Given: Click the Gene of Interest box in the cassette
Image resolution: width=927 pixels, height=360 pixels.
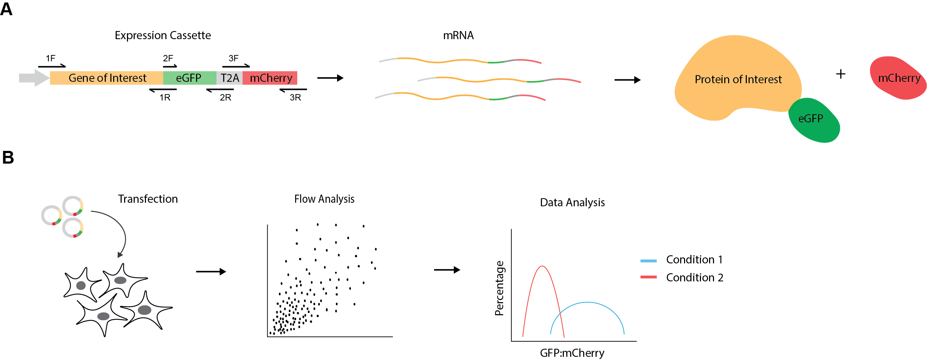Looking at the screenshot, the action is click(x=106, y=78).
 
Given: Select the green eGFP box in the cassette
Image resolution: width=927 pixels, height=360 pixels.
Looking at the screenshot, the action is click(x=190, y=78).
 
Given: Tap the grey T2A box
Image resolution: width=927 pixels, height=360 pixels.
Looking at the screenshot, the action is click(x=230, y=78).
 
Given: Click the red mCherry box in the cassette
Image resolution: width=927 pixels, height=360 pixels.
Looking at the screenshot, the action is click(x=270, y=78).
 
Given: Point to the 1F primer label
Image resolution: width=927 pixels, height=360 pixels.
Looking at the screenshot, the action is click(x=51, y=58).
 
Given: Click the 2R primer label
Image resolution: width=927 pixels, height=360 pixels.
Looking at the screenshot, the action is click(x=226, y=98).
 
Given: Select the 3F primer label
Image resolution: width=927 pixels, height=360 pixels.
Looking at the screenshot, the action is click(x=233, y=58).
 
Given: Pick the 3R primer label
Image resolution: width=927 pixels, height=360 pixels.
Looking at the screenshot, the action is click(x=295, y=98).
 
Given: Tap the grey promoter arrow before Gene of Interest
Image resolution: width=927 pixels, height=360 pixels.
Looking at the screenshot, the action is click(x=34, y=78).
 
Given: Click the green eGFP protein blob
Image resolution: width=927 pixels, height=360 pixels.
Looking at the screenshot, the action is click(x=814, y=120).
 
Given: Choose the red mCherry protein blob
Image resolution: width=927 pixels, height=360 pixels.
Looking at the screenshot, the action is click(x=898, y=78).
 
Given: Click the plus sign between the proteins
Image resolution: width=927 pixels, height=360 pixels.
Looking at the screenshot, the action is click(x=841, y=74).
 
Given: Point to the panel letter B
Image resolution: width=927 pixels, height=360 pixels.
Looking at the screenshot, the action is click(x=8, y=158).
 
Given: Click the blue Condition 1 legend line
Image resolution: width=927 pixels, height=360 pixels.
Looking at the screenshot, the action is click(x=648, y=261).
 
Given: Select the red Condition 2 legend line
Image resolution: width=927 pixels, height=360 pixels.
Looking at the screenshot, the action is click(x=648, y=277).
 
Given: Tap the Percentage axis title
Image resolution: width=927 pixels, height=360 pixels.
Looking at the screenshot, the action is click(x=500, y=288).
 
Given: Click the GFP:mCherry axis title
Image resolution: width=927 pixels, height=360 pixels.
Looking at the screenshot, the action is click(x=572, y=353).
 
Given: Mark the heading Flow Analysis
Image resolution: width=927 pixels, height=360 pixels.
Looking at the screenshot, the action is click(x=324, y=199).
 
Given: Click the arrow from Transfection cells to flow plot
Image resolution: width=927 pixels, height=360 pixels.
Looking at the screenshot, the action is click(x=211, y=271).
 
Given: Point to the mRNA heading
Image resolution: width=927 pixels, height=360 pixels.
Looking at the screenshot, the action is click(x=458, y=35).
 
